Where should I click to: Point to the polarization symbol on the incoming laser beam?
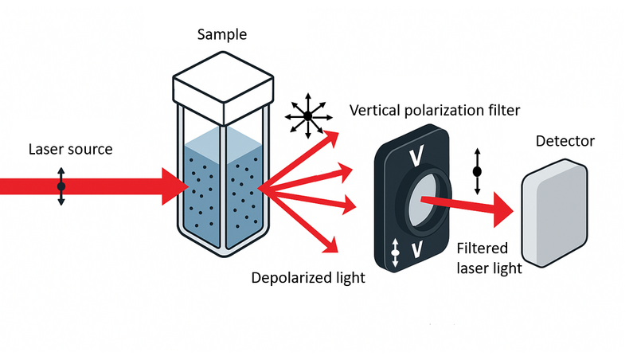tap(61, 186)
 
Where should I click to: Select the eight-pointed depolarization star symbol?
tap(305, 117)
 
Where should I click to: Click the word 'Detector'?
tap(565, 142)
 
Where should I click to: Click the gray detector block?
tap(555, 215)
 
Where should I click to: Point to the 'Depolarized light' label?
tap(308, 278)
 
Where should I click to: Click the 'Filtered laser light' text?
tap(489, 260)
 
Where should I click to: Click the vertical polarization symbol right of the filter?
tap(478, 170)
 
